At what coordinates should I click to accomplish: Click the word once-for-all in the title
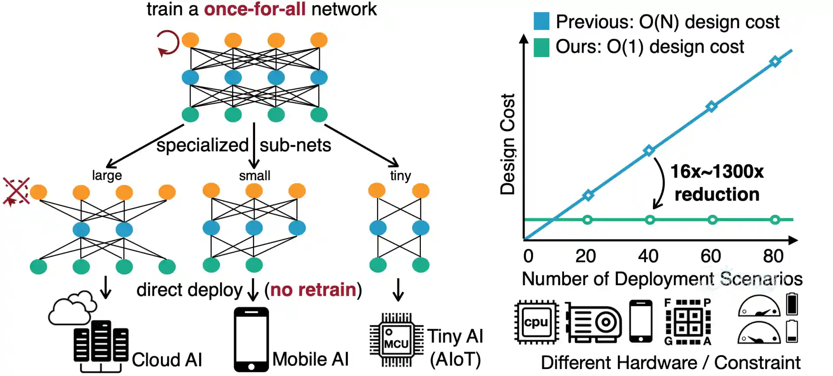coord(255,9)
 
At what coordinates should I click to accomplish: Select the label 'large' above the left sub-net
coord(107,175)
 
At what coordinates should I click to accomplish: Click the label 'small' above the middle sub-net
coord(255,176)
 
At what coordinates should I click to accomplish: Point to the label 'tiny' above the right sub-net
coord(400,176)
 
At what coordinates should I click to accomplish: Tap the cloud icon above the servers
coord(72,308)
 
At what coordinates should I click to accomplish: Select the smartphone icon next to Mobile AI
coord(251,340)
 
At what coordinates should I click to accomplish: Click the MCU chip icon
coord(397,340)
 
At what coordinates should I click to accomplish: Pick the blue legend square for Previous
coord(541,21)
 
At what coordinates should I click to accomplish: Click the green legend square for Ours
coord(541,47)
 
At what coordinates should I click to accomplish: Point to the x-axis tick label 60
coord(711,256)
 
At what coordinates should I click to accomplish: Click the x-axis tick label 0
coord(528,256)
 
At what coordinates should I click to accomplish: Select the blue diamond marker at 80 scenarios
coord(775,62)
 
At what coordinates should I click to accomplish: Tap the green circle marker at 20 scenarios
coord(587,220)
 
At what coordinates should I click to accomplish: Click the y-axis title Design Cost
coord(507,144)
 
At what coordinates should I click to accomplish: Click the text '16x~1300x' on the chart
coord(717,172)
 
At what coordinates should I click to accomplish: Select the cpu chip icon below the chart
coord(536,322)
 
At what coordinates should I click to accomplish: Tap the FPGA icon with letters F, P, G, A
coord(688,322)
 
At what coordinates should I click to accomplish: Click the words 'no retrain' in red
coord(313,290)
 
